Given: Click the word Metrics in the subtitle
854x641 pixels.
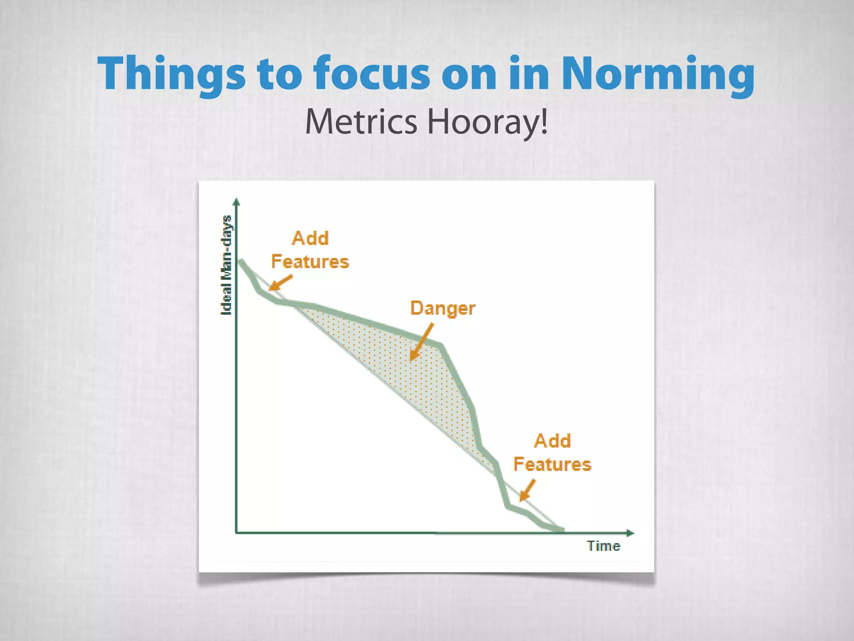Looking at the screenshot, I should coord(361,122).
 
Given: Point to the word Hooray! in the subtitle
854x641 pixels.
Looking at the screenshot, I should coord(487,122).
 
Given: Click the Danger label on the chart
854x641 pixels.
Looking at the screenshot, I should coord(442,309).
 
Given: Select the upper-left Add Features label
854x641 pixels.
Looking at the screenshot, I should coord(310,250).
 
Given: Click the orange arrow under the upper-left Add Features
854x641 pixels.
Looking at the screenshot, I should coord(280,283).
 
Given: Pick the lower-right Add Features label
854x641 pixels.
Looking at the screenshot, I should coord(552,453).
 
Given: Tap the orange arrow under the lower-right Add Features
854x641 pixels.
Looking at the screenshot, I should coord(527,490).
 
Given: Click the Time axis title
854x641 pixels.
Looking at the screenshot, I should coord(603,546).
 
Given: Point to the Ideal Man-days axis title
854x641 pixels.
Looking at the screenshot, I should coord(226,265).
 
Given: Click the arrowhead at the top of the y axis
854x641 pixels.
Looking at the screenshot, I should coord(236,202).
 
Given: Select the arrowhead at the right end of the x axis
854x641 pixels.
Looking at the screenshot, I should coord(630,533).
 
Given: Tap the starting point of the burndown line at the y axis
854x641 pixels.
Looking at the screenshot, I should coord(241,261).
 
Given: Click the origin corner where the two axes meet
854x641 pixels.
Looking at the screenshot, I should coord(236,533).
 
